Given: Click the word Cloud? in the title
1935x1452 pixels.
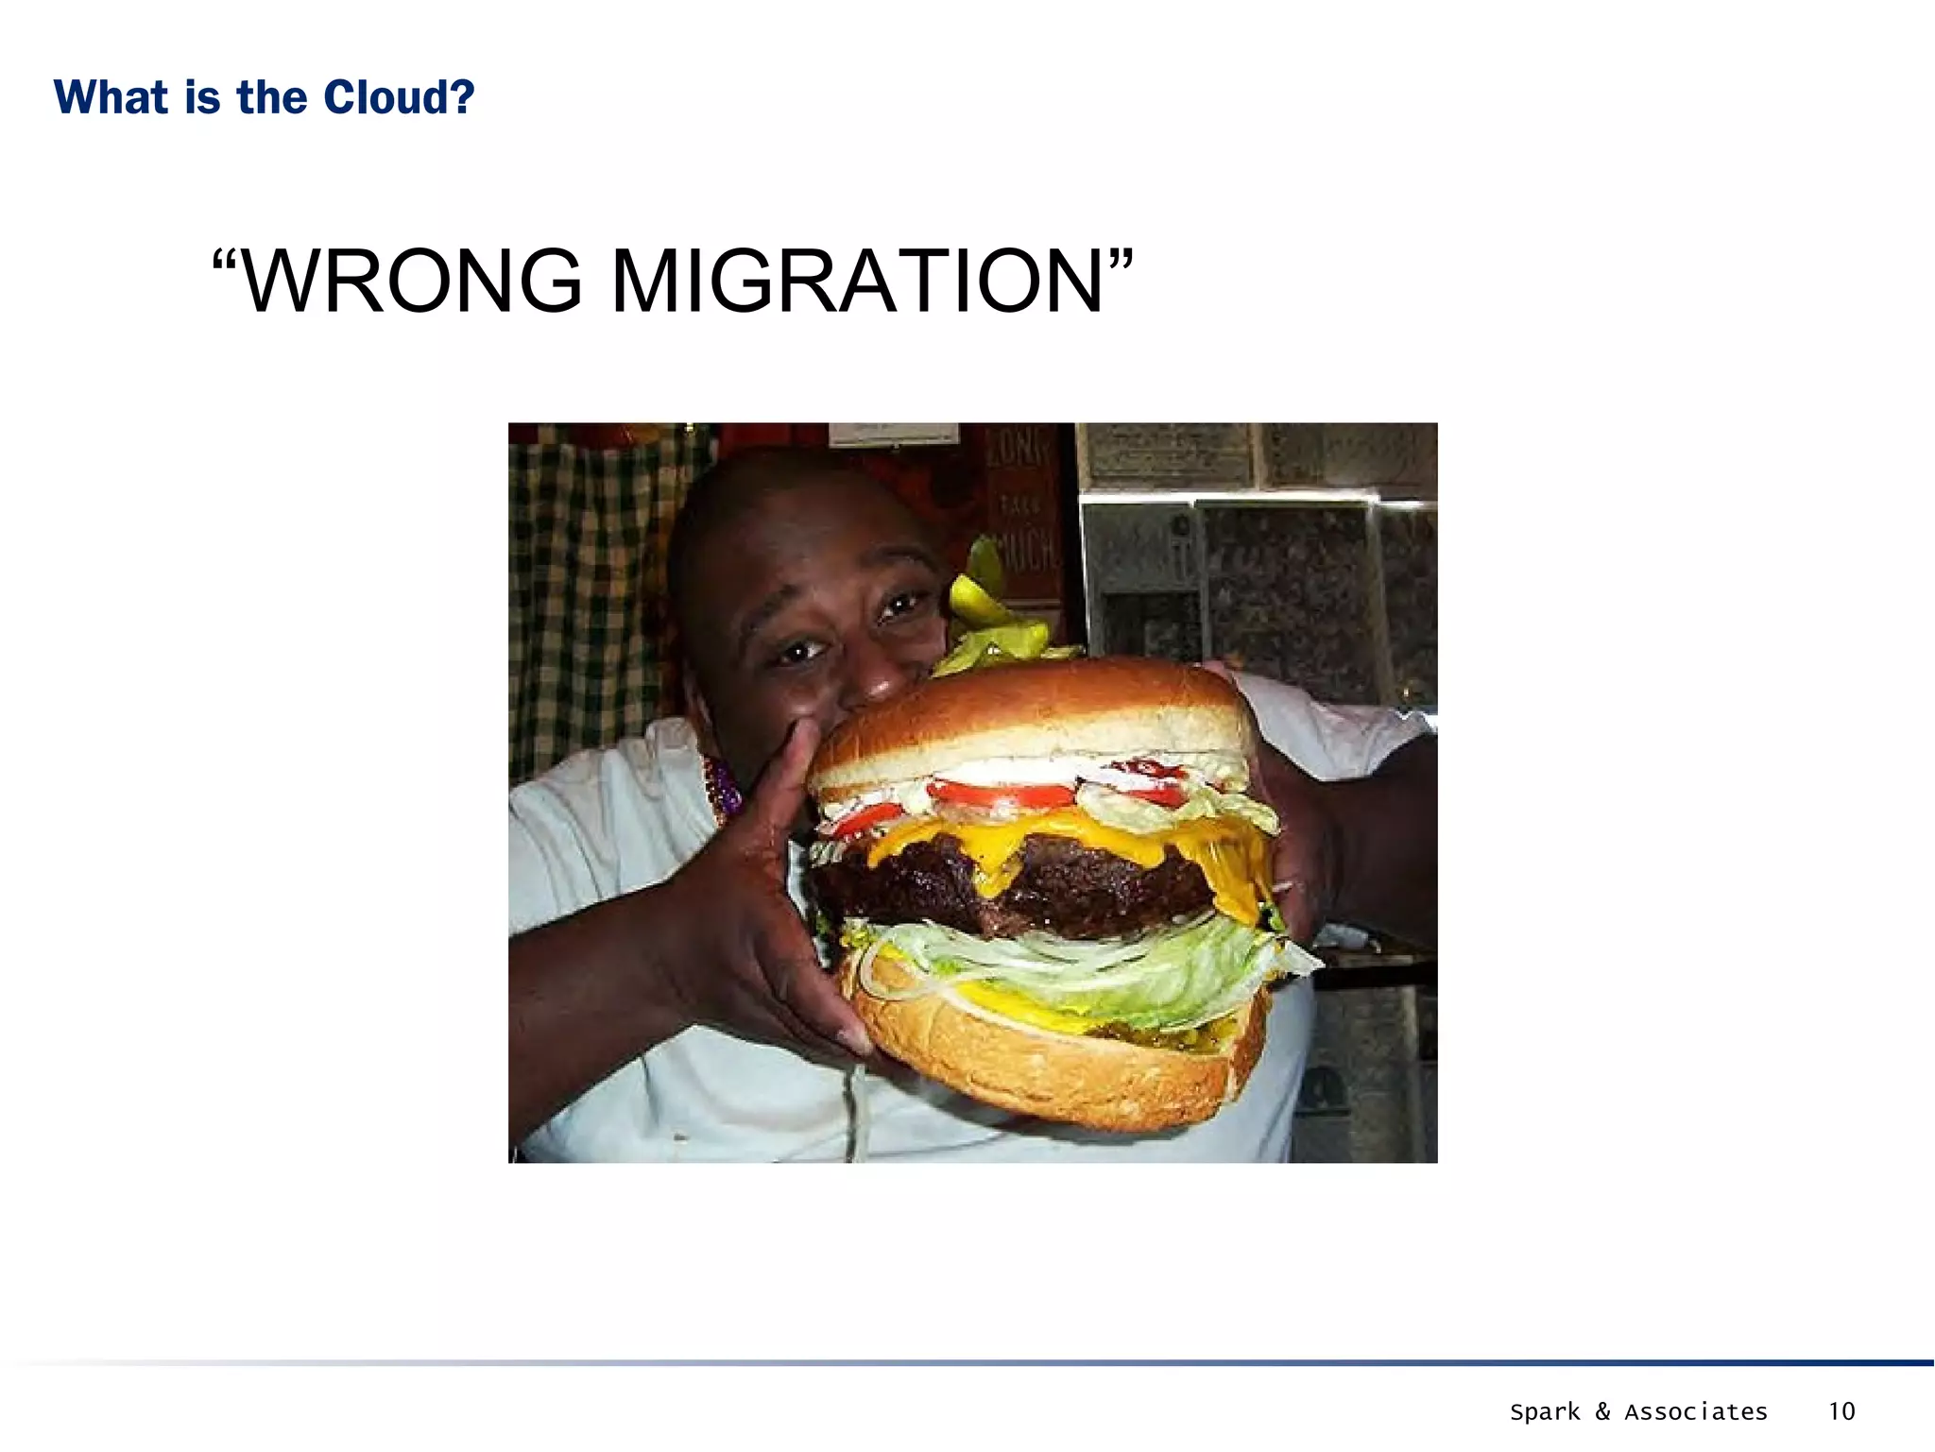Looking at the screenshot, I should point(399,97).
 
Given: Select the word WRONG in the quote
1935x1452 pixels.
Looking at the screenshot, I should point(412,281).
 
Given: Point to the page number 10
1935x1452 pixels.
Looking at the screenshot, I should point(1841,1411).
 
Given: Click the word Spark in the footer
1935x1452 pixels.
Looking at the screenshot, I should point(1545,1412).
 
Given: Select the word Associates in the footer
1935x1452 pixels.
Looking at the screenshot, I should point(1696,1411).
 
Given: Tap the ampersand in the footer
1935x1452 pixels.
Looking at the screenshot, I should point(1602,1411).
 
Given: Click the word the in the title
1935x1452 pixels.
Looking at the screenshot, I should point(271,97).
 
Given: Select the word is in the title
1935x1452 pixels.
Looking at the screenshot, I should point(202,97).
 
